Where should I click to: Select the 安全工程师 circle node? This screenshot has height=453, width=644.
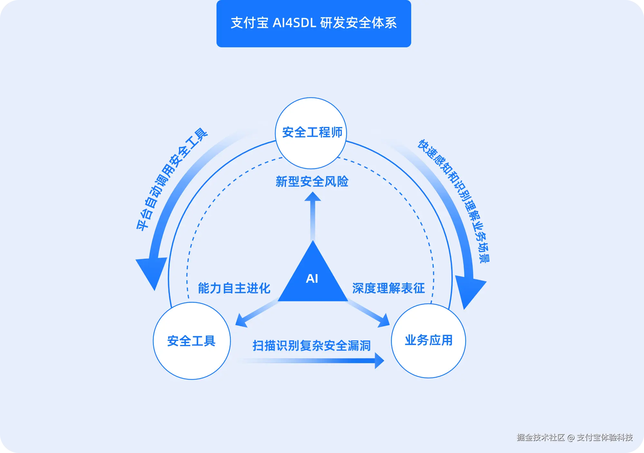click(311, 133)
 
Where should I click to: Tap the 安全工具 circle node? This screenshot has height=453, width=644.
click(192, 341)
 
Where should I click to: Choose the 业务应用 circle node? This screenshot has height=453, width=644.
click(428, 340)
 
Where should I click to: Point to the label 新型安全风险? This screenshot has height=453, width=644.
click(312, 182)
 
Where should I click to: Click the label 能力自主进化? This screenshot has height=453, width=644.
click(234, 288)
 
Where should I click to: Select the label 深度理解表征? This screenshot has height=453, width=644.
click(388, 288)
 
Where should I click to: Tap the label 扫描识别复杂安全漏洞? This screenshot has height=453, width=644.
click(311, 346)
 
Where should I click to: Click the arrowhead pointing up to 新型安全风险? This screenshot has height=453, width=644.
click(313, 197)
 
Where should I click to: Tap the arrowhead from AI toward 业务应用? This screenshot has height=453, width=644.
click(384, 321)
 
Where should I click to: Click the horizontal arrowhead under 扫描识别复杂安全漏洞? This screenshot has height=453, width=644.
click(379, 361)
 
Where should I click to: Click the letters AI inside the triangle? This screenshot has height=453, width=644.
click(312, 279)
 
